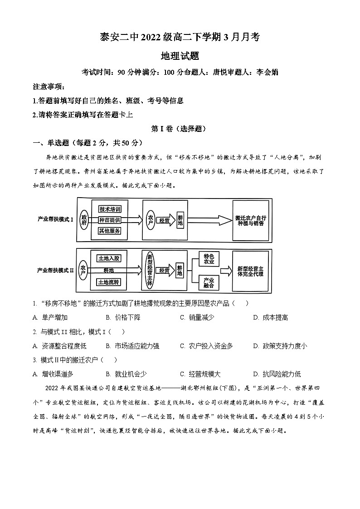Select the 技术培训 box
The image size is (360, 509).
click(x=110, y=209)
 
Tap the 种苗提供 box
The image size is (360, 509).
click(x=110, y=220)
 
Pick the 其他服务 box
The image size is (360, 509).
click(x=110, y=231)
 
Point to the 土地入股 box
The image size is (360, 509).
click(x=109, y=258)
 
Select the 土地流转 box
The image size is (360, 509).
click(x=109, y=282)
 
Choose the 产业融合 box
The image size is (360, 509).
click(x=209, y=283)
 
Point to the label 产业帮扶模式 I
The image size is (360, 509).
click(x=55, y=219)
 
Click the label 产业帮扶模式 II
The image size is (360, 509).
click(x=55, y=270)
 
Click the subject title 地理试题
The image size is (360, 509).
click(x=180, y=56)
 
